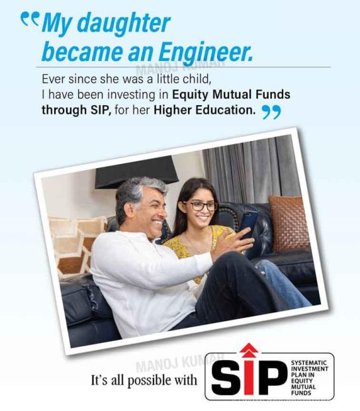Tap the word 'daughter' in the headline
[124, 23]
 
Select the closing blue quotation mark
[271, 113]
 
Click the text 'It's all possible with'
[144, 381]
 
